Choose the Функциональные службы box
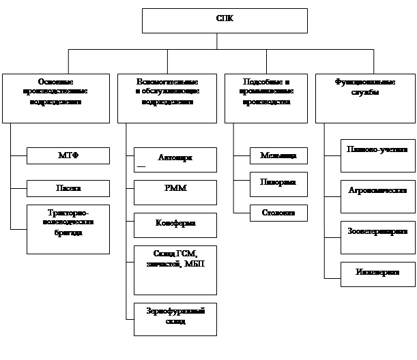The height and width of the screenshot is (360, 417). click(365, 97)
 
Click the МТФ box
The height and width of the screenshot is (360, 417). click(68, 155)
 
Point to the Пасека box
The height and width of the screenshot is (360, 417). click(68, 187)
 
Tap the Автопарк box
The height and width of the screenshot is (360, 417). click(175, 160)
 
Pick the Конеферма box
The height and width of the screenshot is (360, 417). click(175, 225)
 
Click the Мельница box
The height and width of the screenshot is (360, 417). click(278, 155)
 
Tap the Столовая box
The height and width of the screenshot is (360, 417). click(278, 213)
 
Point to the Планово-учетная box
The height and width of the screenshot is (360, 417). click(377, 155)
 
